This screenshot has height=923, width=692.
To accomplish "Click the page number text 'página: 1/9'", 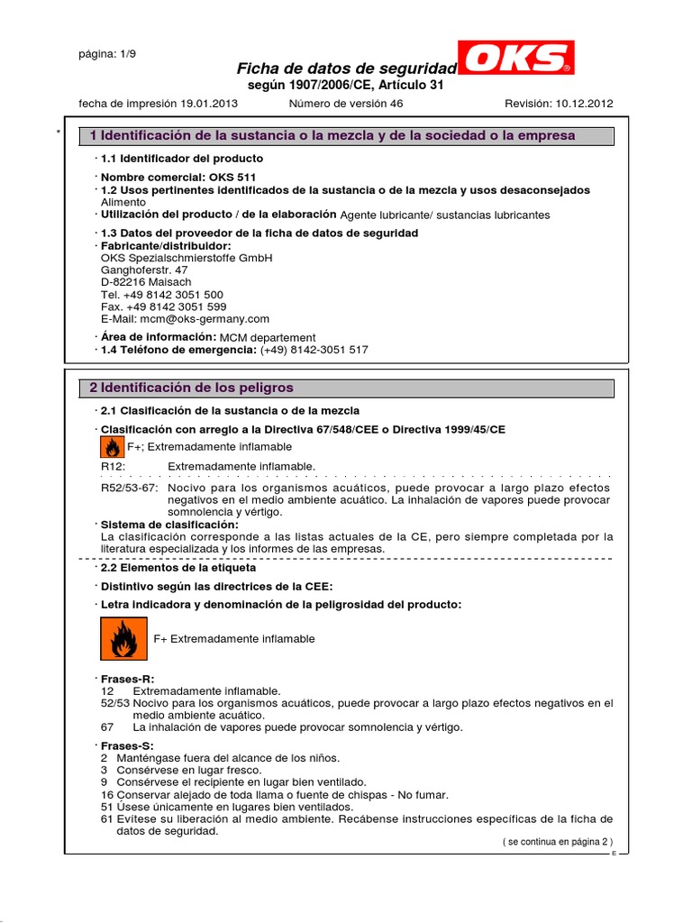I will click(x=108, y=52).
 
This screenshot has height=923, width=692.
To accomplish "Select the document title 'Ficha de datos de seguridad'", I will click(x=346, y=69).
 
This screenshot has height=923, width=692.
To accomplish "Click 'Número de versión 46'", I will click(x=346, y=104).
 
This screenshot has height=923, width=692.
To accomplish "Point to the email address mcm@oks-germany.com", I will click(x=185, y=319).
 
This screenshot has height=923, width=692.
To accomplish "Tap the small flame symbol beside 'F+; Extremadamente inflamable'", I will click(x=111, y=447).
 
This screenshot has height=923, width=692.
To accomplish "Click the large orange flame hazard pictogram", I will click(x=123, y=638).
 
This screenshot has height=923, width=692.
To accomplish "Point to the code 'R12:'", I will click(x=113, y=466).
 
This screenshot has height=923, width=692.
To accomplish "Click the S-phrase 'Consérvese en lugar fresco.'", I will click(x=189, y=771).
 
